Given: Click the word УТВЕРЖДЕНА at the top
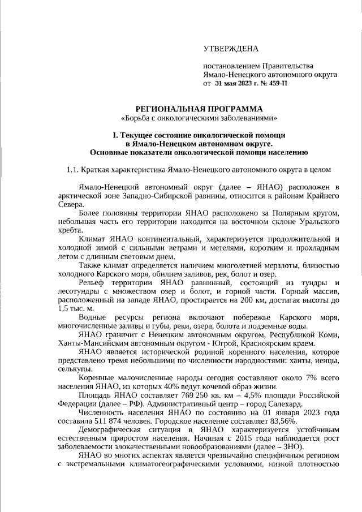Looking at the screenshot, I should click(232, 50).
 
